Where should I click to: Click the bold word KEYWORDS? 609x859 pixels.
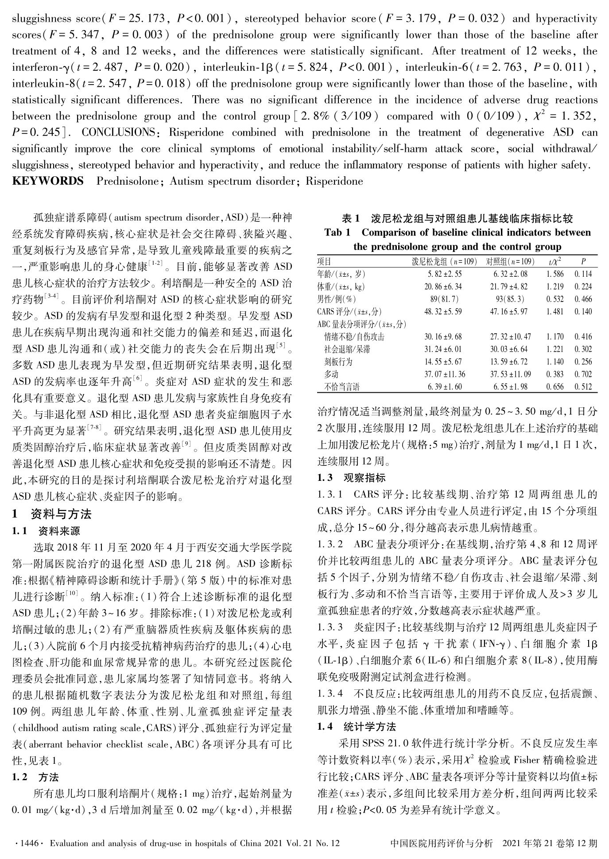point(48,181)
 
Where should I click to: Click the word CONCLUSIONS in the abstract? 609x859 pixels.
point(116,132)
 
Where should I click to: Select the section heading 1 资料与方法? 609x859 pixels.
point(52,514)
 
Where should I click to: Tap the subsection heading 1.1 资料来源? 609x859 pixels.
point(46,531)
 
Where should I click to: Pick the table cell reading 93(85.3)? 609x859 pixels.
point(510,299)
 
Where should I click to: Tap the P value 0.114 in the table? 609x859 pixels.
point(583,274)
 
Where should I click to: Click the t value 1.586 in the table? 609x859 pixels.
point(555,274)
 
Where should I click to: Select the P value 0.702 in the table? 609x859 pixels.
point(583,374)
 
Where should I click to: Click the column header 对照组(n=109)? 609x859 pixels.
point(510,261)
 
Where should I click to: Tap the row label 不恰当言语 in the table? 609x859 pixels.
point(342,387)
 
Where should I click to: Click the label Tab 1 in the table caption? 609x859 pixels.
point(337,232)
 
